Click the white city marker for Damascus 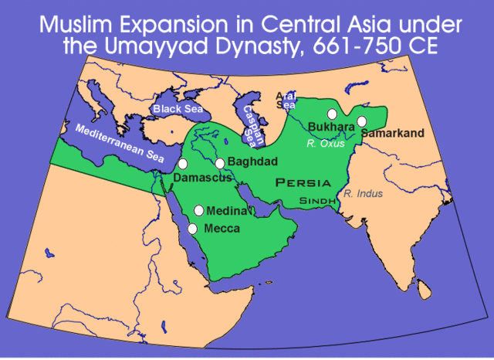pyautogui.click(x=183, y=164)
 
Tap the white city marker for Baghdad pyautogui.click(x=220, y=163)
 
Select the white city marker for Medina pyautogui.click(x=199, y=210)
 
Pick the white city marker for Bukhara pyautogui.click(x=332, y=114)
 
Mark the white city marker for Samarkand pyautogui.click(x=362, y=121)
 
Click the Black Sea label pyautogui.click(x=178, y=109)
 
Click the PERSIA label pyautogui.click(x=303, y=183)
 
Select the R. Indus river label pyautogui.click(x=364, y=193)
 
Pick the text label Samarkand pyautogui.click(x=392, y=134)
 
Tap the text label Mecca pyautogui.click(x=222, y=229)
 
